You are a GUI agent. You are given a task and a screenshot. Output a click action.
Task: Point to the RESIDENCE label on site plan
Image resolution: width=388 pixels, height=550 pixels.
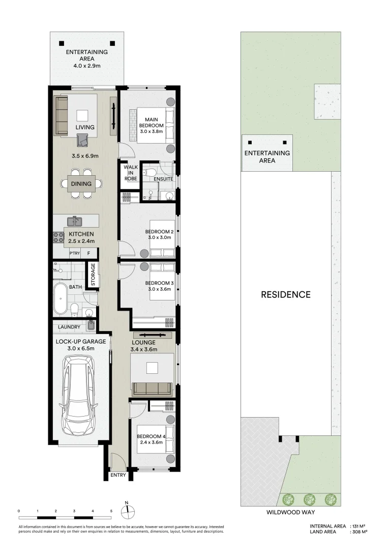pyautogui.click(x=285, y=294)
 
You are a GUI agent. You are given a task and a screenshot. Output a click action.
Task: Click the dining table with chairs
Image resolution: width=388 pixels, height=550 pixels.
pyautogui.click(x=81, y=184)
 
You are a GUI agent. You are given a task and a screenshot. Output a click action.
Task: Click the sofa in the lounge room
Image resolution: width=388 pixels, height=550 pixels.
pyautogui.click(x=152, y=389)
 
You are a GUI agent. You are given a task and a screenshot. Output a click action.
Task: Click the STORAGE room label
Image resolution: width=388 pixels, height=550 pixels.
pyautogui.click(x=93, y=274)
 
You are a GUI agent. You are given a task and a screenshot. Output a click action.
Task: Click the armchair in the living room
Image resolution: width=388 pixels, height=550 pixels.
pyautogui.click(x=82, y=140)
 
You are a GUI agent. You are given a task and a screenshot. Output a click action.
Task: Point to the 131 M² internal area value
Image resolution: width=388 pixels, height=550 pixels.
pyautogui.click(x=360, y=526)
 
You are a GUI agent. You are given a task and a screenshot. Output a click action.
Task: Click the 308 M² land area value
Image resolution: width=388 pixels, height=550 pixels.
pyautogui.click(x=360, y=532)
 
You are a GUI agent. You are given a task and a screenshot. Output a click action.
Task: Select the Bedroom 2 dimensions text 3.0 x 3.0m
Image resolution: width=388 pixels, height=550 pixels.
pyautogui.click(x=158, y=237)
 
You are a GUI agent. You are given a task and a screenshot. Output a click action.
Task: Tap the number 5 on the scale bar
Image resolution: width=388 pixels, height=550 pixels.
pyautogui.click(x=111, y=510)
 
